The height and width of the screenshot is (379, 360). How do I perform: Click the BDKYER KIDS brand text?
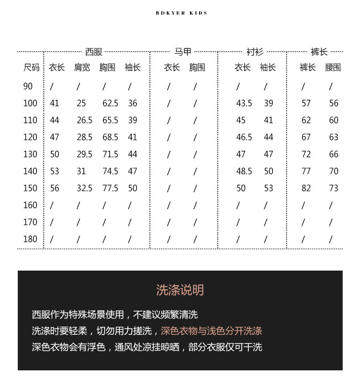pos(181,13)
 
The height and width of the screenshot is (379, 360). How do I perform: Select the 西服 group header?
pos(94,52)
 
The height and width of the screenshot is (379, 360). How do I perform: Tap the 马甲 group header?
pos(183,52)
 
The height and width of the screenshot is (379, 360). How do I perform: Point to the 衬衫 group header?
pos(255,52)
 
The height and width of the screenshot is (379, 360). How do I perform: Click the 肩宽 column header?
pos(82,68)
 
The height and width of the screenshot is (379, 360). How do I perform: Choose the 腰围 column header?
pos(333,68)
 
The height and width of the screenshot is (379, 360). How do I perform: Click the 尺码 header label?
pos(31,68)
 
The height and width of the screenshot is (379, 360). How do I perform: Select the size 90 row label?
pos(28,86)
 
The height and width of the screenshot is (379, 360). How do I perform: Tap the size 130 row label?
pos(30,154)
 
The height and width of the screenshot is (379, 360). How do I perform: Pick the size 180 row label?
pos(30,239)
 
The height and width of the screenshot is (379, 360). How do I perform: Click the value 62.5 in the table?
pos(110,103)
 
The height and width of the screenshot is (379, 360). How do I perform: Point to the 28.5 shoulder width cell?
pos(84,137)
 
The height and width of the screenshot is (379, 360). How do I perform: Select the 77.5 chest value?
pos(110,188)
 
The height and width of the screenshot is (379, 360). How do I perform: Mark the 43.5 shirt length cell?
pos(244,103)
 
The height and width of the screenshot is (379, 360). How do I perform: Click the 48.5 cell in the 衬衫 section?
pos(244,171)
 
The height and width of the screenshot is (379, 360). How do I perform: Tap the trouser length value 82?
pos(306,188)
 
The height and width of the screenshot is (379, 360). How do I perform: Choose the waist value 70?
pos(334,171)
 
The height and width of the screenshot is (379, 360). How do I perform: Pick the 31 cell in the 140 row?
pos(81,171)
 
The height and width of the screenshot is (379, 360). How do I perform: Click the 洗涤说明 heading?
pos(180,290)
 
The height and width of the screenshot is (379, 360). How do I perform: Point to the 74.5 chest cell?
pos(110,171)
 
